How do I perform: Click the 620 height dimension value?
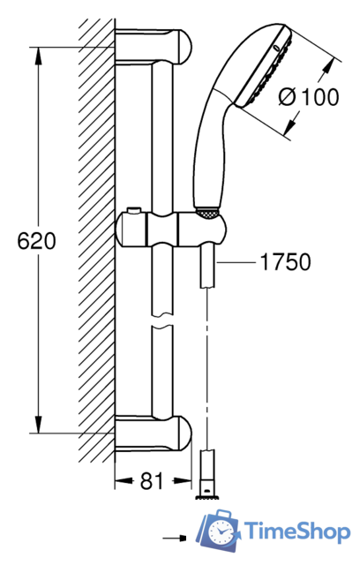(37, 241)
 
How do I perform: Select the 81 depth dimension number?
(152, 480)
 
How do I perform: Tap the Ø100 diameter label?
(309, 97)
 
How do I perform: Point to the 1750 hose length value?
(285, 262)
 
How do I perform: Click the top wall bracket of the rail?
(154, 47)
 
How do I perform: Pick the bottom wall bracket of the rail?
(154, 433)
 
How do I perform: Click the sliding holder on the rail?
(172, 230)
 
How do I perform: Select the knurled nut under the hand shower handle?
(207, 213)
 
